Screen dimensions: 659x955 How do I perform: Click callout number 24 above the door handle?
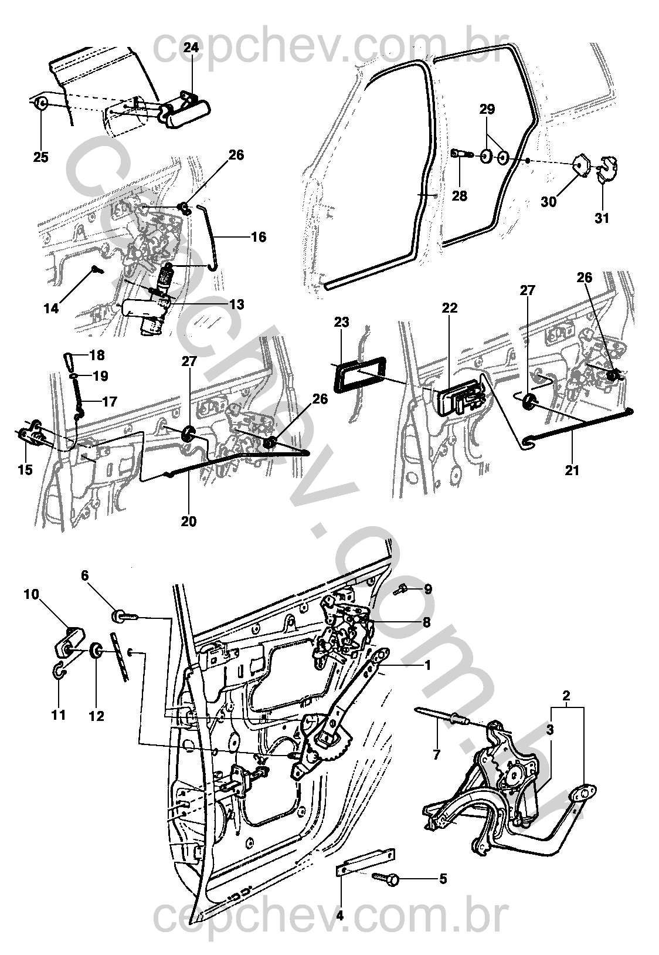click(191, 47)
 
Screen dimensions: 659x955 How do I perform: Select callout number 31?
click(602, 218)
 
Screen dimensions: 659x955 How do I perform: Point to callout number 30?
click(549, 201)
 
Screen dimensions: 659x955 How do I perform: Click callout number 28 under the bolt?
click(459, 196)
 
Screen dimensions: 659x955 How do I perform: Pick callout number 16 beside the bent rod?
click(259, 236)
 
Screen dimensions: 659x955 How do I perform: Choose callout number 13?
click(236, 304)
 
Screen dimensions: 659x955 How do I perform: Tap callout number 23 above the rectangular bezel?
click(342, 322)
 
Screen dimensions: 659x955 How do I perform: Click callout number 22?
click(450, 307)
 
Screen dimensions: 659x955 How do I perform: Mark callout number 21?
click(572, 470)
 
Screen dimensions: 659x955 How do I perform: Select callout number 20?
click(189, 521)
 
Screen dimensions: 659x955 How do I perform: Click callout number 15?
click(25, 470)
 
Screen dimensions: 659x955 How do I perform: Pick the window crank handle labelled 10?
click(71, 643)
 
